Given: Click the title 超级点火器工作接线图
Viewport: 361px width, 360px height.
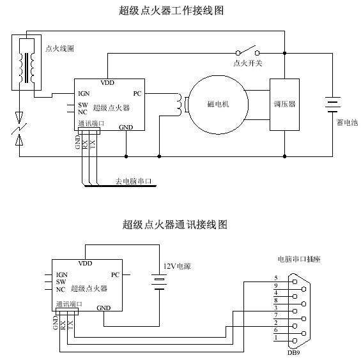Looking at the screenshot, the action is click(x=171, y=10).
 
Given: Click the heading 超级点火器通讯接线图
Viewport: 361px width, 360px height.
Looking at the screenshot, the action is click(x=174, y=224).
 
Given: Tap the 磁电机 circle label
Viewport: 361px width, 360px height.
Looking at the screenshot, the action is click(x=218, y=104).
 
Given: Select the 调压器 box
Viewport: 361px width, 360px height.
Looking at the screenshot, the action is click(x=284, y=105).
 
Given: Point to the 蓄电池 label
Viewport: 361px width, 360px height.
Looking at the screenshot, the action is click(x=347, y=123).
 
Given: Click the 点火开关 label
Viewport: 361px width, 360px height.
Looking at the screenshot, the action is click(x=248, y=63).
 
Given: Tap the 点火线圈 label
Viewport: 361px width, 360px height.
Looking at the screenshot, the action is click(x=59, y=49).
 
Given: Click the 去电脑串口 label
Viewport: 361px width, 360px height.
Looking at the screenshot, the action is click(x=134, y=181).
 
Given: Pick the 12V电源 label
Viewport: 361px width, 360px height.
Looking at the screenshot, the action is click(x=177, y=266).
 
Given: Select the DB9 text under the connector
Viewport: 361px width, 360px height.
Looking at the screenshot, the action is click(x=293, y=352).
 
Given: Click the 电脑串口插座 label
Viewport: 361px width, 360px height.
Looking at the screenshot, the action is click(x=299, y=259).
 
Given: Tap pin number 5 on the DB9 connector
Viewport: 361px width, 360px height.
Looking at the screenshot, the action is click(x=276, y=278).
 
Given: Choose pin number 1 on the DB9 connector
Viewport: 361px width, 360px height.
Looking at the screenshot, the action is click(x=276, y=338).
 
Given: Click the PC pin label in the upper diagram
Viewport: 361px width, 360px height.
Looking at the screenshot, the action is click(x=137, y=94).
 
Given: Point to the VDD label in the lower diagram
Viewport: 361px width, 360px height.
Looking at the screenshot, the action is click(x=85, y=264).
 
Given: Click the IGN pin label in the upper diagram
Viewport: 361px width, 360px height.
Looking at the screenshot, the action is click(x=84, y=94).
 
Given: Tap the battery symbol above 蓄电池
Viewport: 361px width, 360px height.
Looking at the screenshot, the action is click(x=333, y=105).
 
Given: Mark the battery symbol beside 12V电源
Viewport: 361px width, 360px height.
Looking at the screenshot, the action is click(x=159, y=281).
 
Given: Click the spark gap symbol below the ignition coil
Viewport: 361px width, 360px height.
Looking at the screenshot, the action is click(x=19, y=128).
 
